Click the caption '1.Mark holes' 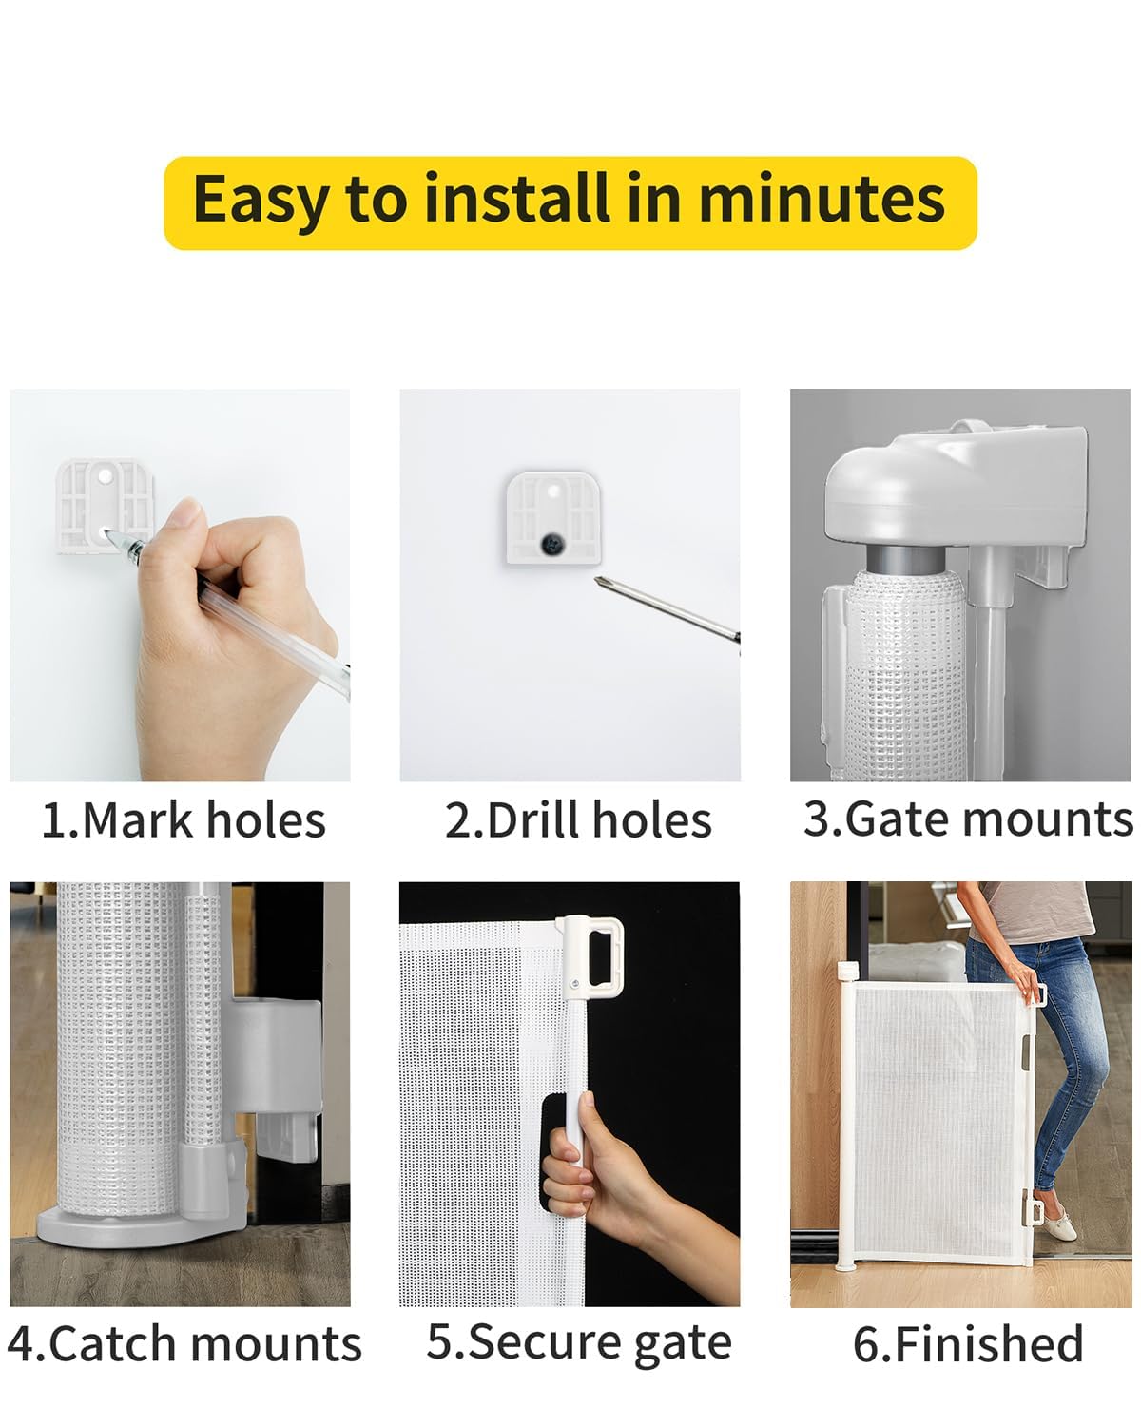pos(184,820)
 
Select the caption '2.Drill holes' pos(578,820)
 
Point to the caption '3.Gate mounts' pos(967,819)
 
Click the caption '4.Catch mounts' pos(184,1344)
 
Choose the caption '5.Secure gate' pos(579,1342)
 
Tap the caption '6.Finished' pos(968,1344)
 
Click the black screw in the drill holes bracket pos(551,544)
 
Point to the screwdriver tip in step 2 pos(600,581)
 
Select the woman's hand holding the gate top pos(1027,984)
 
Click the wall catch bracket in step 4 pos(276,1074)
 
